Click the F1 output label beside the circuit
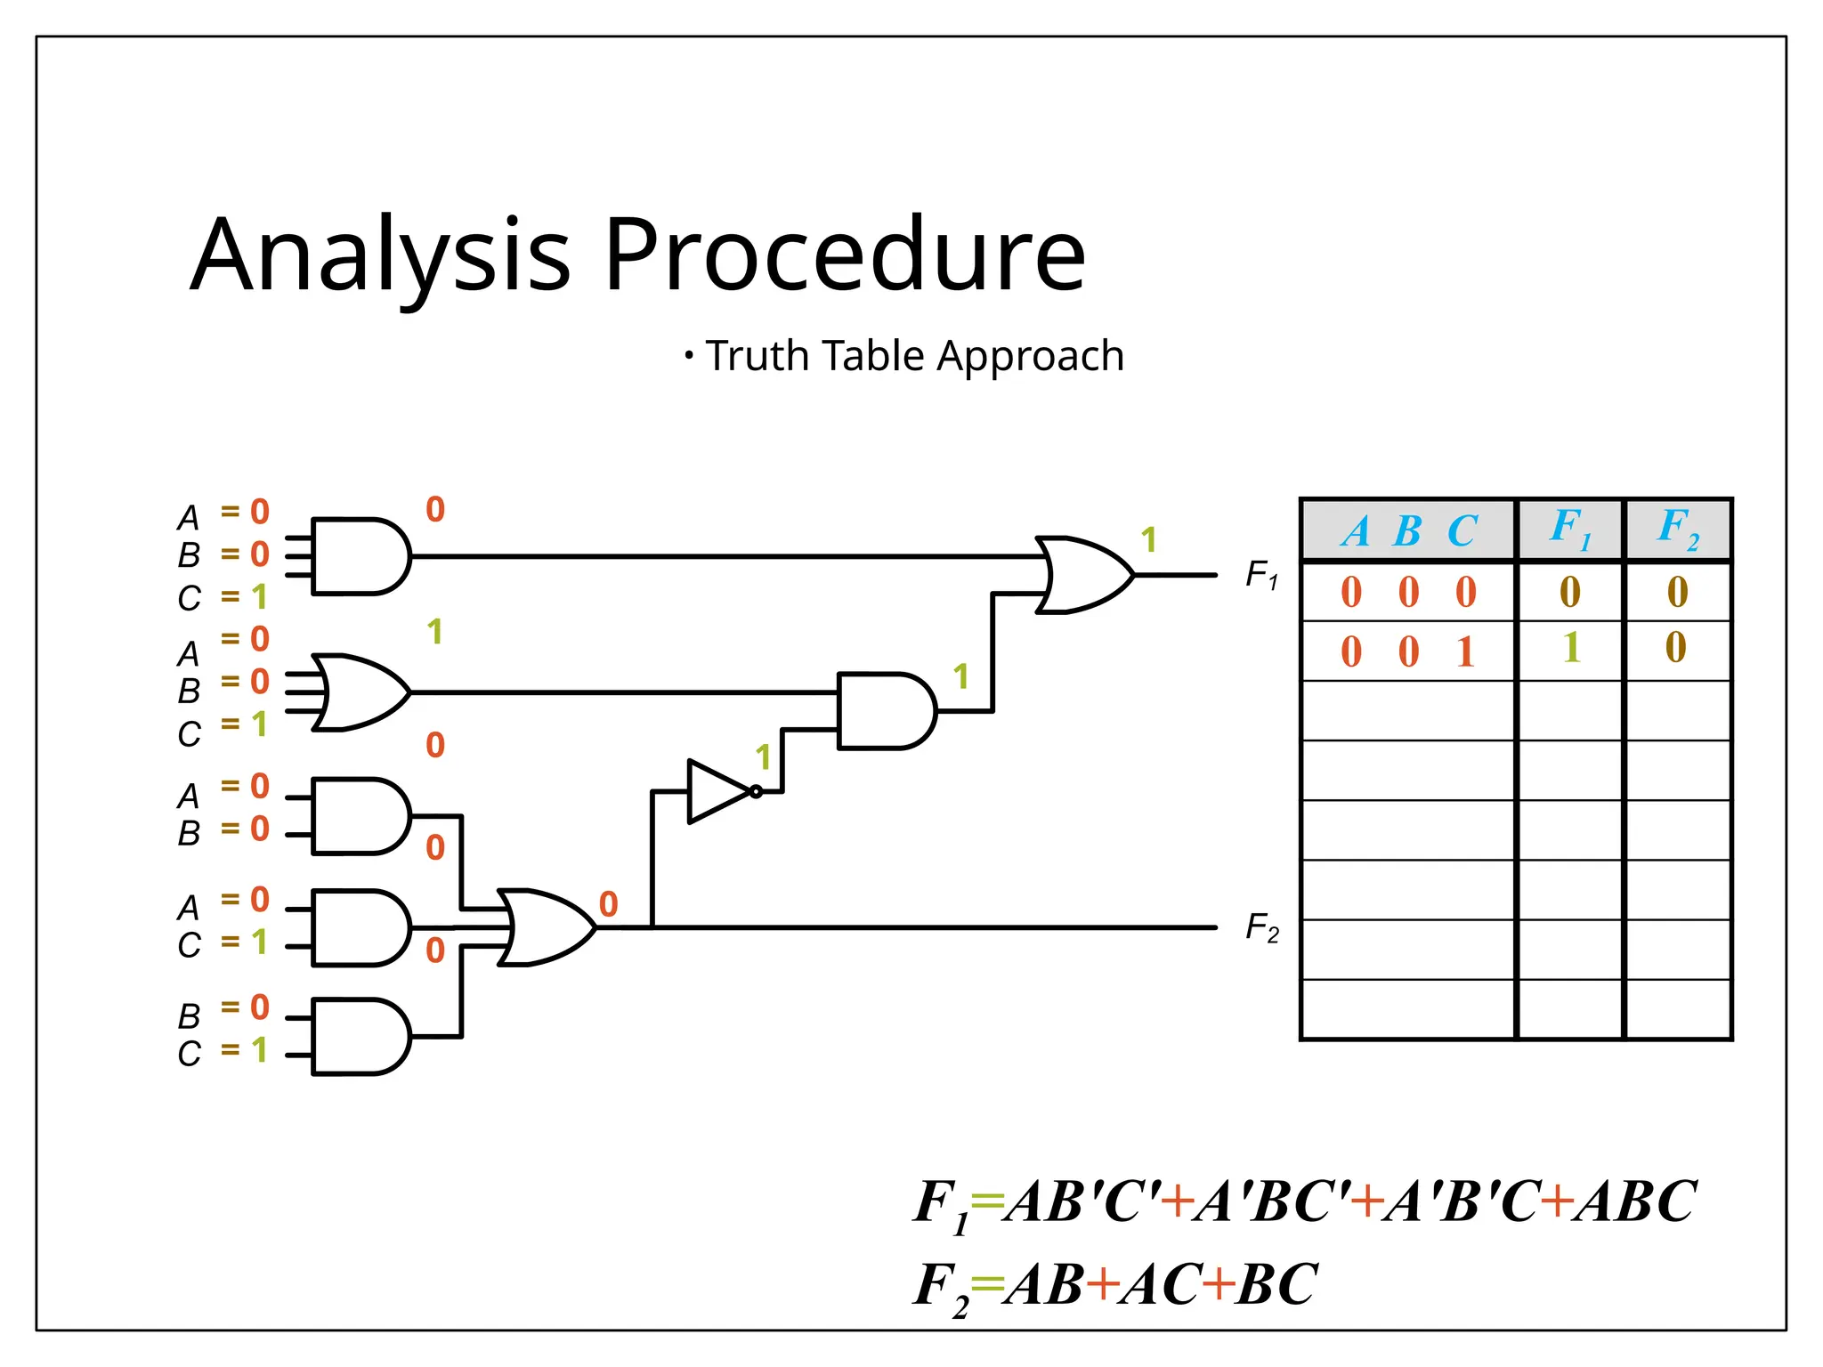(x=1261, y=575)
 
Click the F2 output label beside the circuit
(x=1261, y=928)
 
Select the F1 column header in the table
(x=1569, y=529)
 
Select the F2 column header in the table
(x=1677, y=529)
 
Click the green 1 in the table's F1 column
(x=1571, y=648)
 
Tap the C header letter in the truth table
(x=1462, y=532)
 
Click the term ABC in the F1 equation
(x=1633, y=1202)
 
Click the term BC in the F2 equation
(x=1276, y=1285)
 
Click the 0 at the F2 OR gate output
(x=608, y=904)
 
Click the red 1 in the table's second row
(x=1465, y=652)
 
